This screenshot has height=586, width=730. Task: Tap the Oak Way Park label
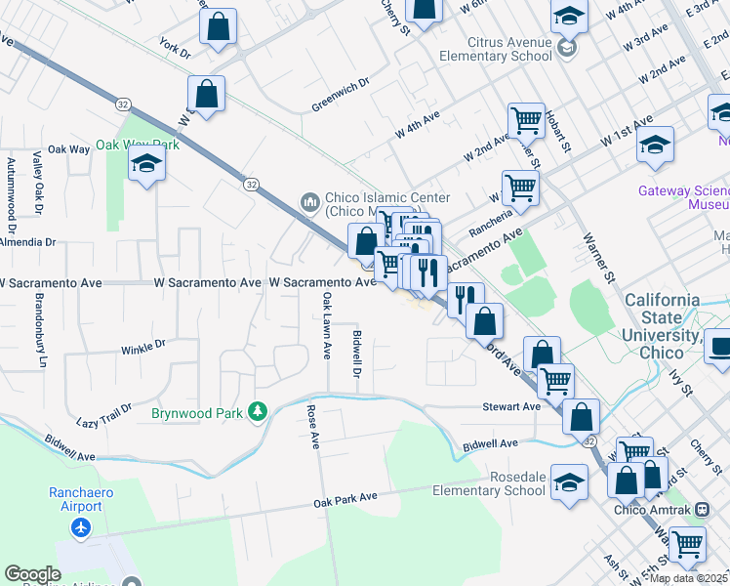click(138, 145)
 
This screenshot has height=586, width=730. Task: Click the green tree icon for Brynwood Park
click(258, 413)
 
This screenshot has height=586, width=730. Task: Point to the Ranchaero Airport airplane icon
click(80, 528)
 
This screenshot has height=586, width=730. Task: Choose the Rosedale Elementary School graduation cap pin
click(569, 482)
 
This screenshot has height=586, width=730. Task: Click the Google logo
click(32, 574)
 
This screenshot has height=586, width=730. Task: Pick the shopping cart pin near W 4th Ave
click(525, 121)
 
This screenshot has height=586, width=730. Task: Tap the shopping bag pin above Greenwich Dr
click(207, 96)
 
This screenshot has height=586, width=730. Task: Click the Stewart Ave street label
click(511, 406)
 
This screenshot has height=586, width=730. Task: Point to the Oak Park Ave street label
click(345, 498)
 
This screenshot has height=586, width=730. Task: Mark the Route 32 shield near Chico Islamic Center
click(252, 184)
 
